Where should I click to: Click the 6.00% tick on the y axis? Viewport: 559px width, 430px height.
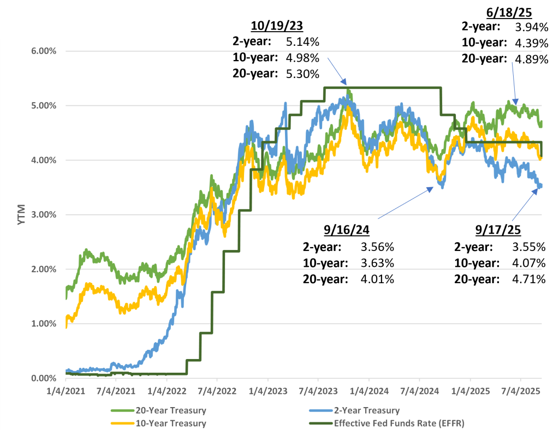[x=35, y=51]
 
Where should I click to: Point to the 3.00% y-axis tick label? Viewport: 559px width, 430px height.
[x=35, y=214]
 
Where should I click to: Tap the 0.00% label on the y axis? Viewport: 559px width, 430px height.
[x=35, y=378]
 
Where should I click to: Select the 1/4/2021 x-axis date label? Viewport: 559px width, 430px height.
[x=66, y=392]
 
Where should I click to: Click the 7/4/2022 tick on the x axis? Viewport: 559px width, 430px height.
[x=217, y=392]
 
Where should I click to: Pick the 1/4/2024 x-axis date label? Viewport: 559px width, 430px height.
[x=368, y=392]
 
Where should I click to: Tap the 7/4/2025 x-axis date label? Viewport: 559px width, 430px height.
[x=520, y=392]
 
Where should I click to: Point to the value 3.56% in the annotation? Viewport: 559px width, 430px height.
[x=377, y=247]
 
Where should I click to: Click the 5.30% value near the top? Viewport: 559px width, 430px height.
[x=302, y=75]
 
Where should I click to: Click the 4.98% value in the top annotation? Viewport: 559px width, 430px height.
[x=302, y=58]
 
